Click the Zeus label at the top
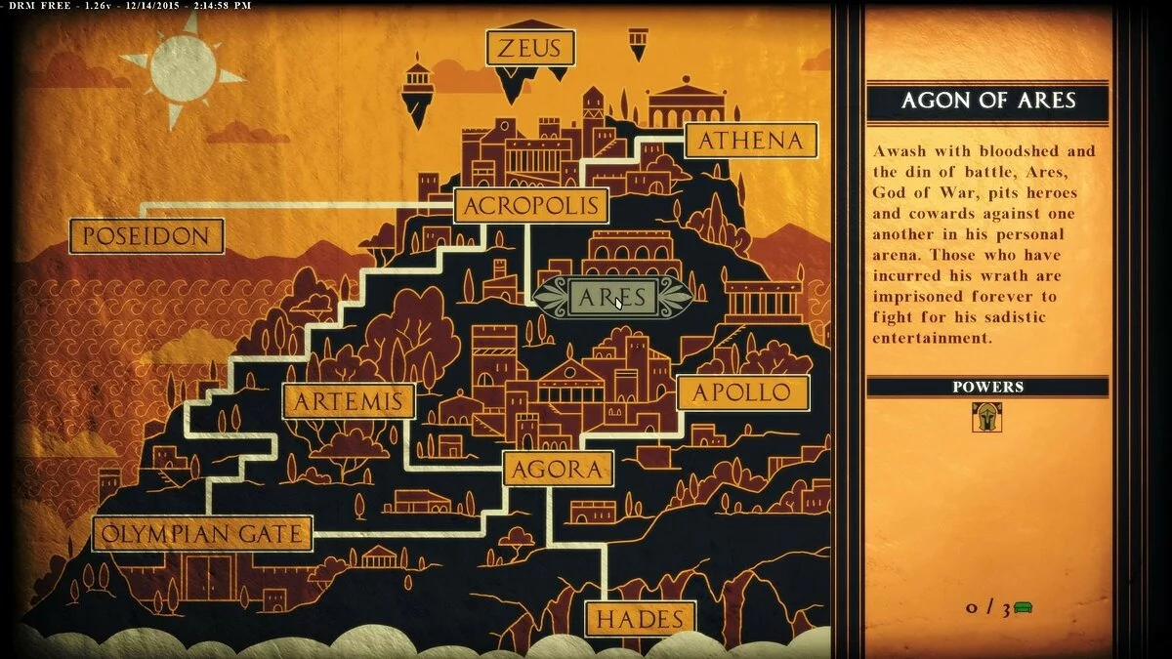pyautogui.click(x=530, y=48)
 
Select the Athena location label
pyautogui.click(x=750, y=141)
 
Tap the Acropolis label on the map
pyautogui.click(x=531, y=206)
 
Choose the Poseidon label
pyautogui.click(x=146, y=236)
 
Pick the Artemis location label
pyautogui.click(x=348, y=401)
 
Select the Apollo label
pyautogui.click(x=743, y=392)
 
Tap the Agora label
pyautogui.click(x=558, y=470)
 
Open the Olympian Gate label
pyautogui.click(x=202, y=534)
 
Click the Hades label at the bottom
pyautogui.click(x=640, y=619)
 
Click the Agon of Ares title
pyautogui.click(x=987, y=101)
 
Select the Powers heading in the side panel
pyautogui.click(x=987, y=387)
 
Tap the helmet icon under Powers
pyautogui.click(x=987, y=417)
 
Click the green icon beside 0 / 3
pyautogui.click(x=1023, y=608)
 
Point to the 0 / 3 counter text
pyautogui.click(x=987, y=608)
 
